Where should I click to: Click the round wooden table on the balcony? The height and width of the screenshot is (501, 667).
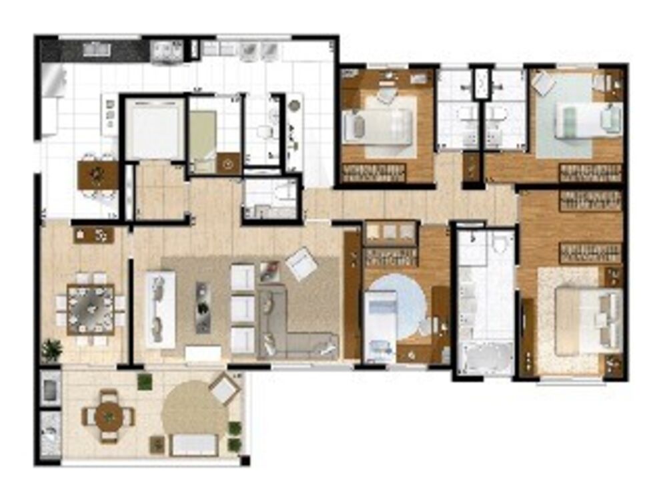(108, 417)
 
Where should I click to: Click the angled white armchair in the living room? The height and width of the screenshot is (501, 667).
(302, 263)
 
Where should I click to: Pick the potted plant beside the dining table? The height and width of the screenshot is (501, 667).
(51, 349)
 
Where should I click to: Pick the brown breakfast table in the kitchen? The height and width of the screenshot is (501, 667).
(97, 174)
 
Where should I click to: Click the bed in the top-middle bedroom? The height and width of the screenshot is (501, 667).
(377, 125)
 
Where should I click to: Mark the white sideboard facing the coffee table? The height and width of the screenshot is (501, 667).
(160, 309)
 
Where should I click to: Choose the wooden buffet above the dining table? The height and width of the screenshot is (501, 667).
(94, 234)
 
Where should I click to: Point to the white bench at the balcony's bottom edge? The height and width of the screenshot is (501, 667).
(194, 444)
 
